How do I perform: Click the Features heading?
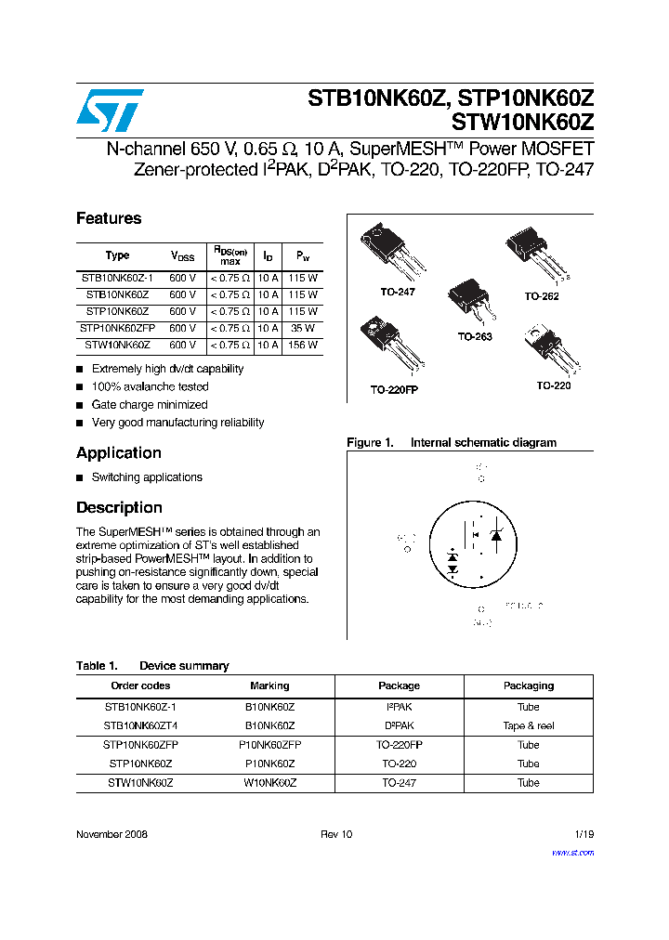coord(109,218)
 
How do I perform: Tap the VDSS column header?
coord(182,256)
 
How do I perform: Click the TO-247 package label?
coord(397,292)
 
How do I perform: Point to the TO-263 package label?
coord(474,336)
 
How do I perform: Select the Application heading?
coord(119,453)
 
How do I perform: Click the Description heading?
coord(119,508)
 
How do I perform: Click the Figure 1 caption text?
coord(452,443)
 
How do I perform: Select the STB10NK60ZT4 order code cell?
coord(140,725)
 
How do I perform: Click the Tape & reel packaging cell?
coord(528,725)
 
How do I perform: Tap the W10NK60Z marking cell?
coord(269,783)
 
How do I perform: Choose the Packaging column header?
coord(528,685)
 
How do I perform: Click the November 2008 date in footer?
coord(111,834)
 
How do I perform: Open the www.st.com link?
coord(572,853)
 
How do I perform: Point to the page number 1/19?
coord(584,834)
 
